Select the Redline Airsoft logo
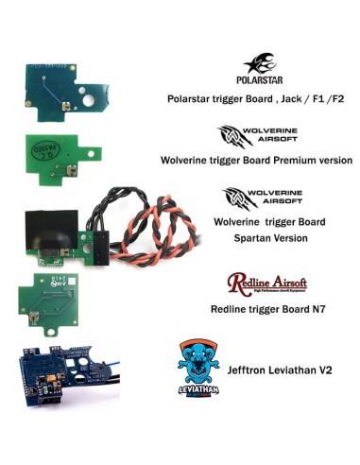tap(267, 283)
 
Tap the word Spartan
tap(248, 237)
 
